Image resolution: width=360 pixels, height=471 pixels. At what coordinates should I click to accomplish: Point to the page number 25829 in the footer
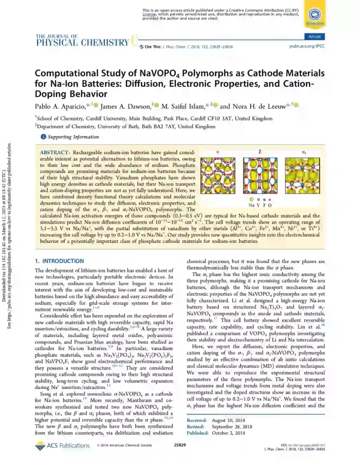(180, 457)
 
